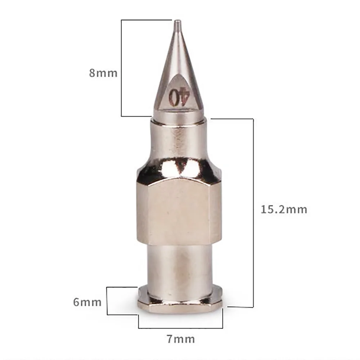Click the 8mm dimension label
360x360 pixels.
(x=103, y=73)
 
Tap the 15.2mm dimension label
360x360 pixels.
(x=284, y=209)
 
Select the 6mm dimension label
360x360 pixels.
(x=87, y=302)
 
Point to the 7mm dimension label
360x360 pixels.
(x=181, y=339)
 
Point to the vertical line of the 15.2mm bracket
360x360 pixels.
(x=254, y=212)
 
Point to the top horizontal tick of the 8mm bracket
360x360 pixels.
(x=146, y=20)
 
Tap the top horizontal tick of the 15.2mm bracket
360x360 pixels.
(x=232, y=119)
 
